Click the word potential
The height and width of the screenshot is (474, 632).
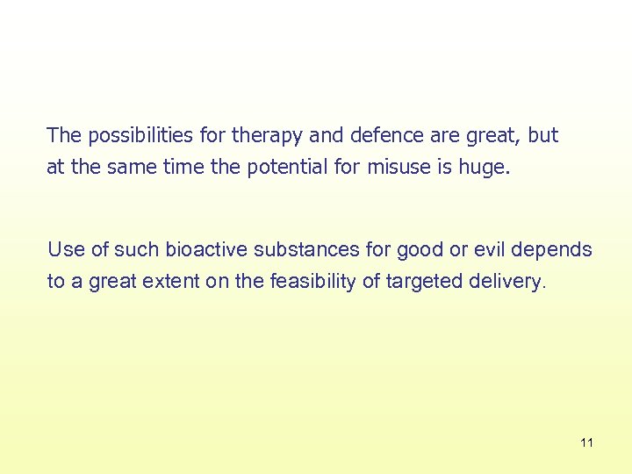(x=288, y=168)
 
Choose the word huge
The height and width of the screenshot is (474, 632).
(x=484, y=168)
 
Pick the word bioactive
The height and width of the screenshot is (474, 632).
(x=209, y=250)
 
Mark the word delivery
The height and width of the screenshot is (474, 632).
(x=507, y=282)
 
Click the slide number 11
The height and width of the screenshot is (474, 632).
(x=586, y=443)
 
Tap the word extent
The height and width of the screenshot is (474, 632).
(x=160, y=282)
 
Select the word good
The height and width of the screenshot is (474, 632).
(x=420, y=250)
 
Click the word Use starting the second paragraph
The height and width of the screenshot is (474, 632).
(x=66, y=250)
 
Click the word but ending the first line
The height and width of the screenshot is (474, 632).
(x=542, y=136)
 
